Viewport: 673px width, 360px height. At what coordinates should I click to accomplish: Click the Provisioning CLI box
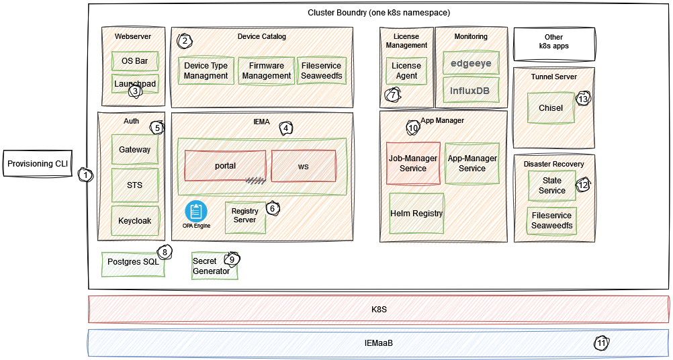click(x=38, y=164)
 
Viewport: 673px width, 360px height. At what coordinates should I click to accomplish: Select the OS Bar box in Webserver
click(x=135, y=61)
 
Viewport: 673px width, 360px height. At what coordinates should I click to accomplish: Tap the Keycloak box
click(x=135, y=220)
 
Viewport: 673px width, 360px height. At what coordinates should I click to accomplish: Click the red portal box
click(x=225, y=166)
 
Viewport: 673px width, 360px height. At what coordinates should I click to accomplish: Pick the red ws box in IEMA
click(x=303, y=166)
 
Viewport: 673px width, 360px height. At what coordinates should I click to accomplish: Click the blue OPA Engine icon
click(x=196, y=211)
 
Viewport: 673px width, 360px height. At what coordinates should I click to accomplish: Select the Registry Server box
click(x=244, y=216)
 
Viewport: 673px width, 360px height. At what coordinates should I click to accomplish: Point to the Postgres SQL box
click(x=133, y=262)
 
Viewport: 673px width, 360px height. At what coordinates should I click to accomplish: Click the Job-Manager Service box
click(x=413, y=163)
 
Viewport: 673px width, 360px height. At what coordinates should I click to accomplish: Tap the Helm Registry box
click(x=416, y=214)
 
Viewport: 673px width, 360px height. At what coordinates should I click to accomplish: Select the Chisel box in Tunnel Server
click(x=551, y=108)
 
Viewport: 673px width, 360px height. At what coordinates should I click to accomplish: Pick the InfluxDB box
click(x=471, y=90)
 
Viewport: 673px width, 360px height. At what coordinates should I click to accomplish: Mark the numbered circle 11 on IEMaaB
click(x=601, y=343)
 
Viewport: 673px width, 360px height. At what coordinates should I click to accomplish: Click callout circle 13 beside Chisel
click(x=583, y=99)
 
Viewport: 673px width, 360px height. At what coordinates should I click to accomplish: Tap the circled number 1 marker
click(x=86, y=175)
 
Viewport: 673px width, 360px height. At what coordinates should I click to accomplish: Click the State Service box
click(x=552, y=185)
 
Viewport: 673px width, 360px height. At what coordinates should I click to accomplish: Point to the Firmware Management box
click(x=267, y=71)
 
